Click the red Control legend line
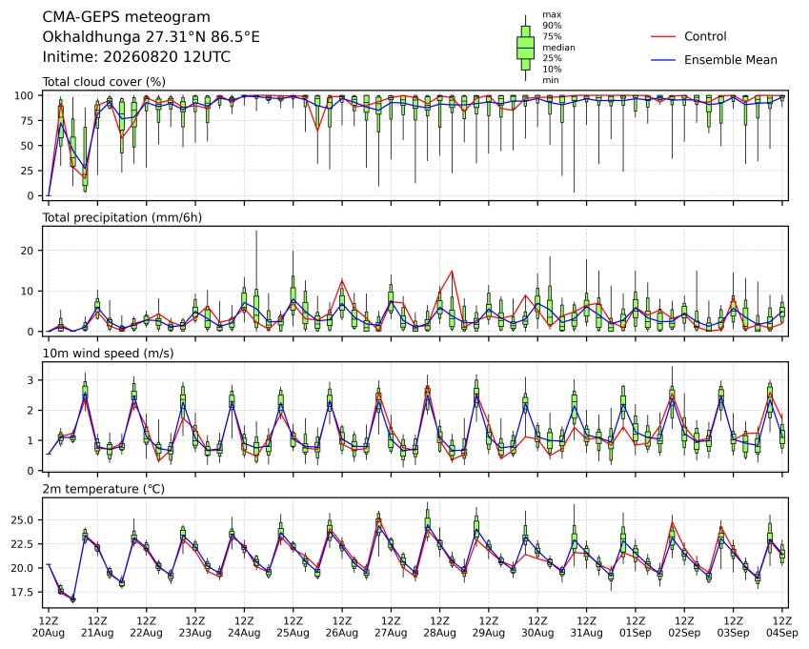663,36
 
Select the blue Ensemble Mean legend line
663,60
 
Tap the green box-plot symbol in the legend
525,48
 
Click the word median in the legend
558,48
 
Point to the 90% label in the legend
552,26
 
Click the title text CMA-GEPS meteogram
127,17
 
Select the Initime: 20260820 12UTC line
136,57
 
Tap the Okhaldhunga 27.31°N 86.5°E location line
151,37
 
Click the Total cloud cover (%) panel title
104,82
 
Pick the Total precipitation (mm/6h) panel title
122,217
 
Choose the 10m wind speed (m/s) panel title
108,354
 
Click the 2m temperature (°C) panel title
103,489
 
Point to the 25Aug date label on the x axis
293,633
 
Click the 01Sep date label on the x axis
636,633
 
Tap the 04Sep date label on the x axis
782,633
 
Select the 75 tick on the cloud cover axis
28,121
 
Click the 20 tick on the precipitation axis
28,251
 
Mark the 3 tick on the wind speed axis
31,380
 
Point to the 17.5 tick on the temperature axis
23,592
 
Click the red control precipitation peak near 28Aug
452,271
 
